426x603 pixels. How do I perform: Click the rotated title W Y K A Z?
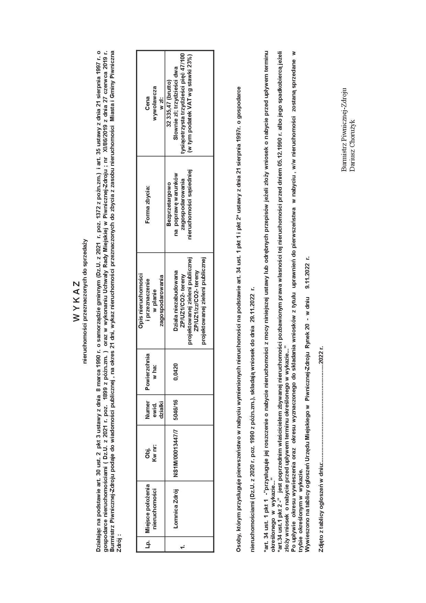click(76, 301)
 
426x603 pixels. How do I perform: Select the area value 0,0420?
click(176, 372)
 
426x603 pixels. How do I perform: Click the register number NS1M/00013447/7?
click(176, 453)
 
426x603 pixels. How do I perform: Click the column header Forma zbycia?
click(148, 205)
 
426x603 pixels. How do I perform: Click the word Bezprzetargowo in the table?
click(169, 205)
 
